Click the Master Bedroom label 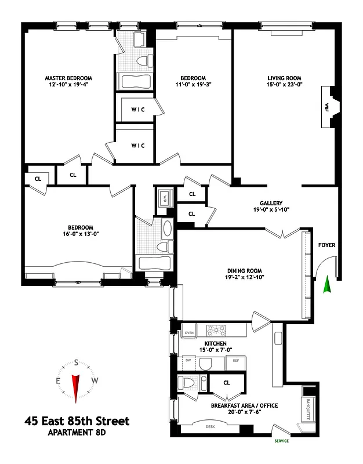(x=69, y=77)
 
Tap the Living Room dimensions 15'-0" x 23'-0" (x=285, y=85)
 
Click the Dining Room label (x=245, y=270)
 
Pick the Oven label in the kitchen (x=188, y=332)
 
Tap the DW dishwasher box (x=188, y=361)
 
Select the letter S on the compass (x=75, y=362)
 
